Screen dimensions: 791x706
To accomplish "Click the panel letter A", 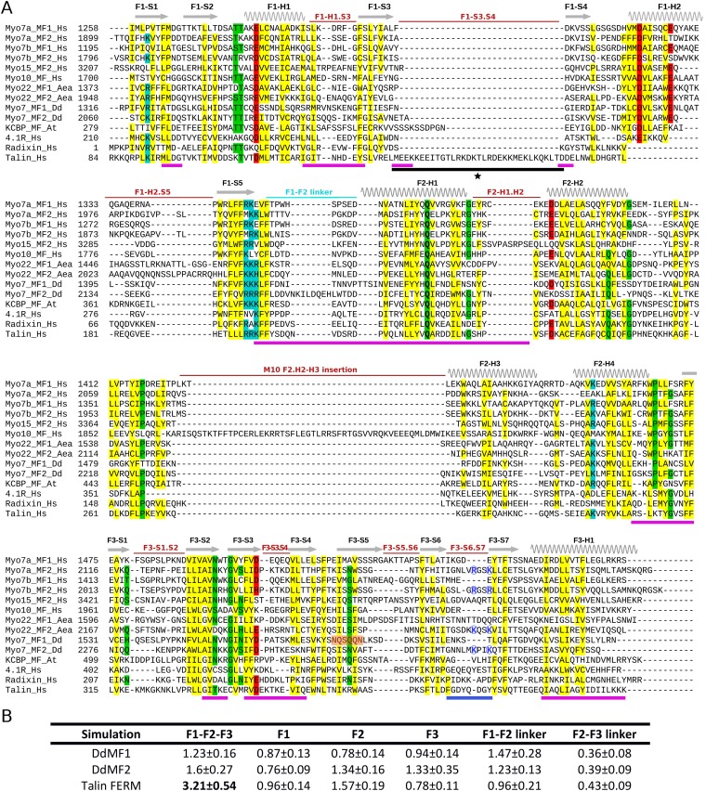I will pos(7,7).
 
